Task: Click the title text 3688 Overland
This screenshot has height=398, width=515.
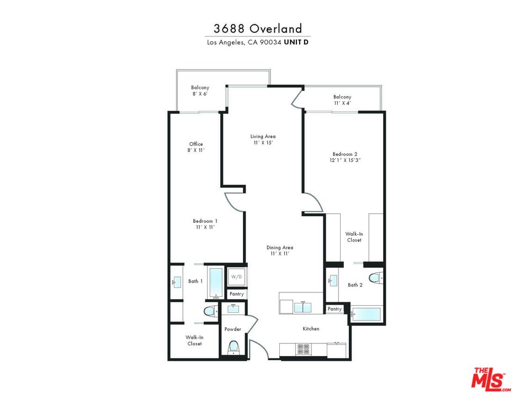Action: point(257,29)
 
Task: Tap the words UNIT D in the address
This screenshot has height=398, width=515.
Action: point(296,42)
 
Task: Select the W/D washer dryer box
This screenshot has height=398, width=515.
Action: point(237,276)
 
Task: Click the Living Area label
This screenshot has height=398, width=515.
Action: point(263,136)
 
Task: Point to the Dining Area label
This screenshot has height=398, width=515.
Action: point(280,248)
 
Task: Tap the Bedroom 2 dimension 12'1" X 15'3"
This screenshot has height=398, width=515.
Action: point(346,160)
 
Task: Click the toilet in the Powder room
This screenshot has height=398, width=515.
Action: point(233,347)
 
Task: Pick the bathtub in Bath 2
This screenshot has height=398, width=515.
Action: point(367,314)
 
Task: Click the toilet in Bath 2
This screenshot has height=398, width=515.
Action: point(375,277)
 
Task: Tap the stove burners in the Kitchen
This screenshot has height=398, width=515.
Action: point(304,349)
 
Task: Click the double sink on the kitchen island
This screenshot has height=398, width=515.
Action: point(302,307)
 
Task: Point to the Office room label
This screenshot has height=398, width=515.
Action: point(196,144)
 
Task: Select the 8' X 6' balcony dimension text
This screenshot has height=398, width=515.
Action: point(200,94)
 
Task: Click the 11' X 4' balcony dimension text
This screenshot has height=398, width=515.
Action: point(342,103)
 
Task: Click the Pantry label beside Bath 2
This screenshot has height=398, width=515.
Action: point(335,309)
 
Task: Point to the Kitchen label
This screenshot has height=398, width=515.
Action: point(311,329)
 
